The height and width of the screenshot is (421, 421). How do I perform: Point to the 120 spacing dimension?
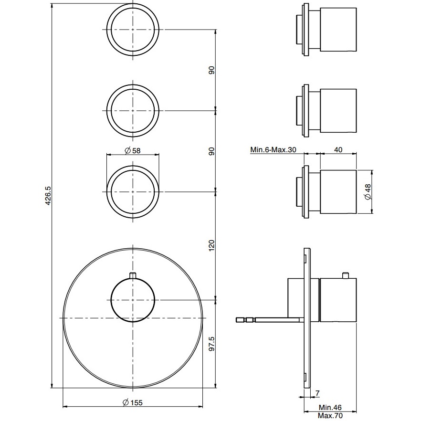pos(211,245)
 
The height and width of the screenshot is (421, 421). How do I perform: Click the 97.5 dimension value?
pos(211,344)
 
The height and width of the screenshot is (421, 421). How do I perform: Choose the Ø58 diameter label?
pos(132,151)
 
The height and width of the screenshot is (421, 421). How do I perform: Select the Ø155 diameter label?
pos(132,402)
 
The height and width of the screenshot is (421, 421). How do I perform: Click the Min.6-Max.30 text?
pos(273,150)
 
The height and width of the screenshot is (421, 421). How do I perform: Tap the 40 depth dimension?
pos(337,150)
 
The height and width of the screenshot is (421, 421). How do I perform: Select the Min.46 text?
pos(331,408)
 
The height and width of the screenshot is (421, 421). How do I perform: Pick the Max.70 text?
pos(331,416)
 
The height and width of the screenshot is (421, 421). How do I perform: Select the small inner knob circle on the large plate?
pos(133,300)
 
